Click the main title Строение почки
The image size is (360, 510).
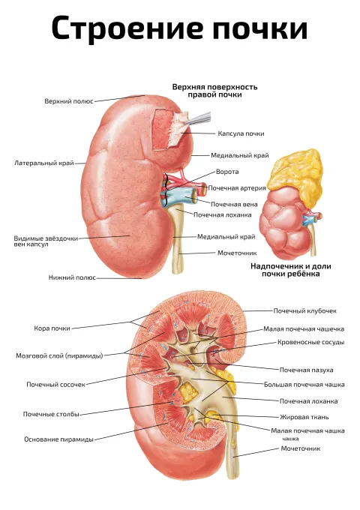179,28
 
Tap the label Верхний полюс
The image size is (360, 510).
69,101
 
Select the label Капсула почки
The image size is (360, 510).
241,133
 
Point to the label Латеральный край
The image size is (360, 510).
44,163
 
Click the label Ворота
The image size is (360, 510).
227,172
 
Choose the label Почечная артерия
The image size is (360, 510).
237,188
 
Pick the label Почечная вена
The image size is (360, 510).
234,204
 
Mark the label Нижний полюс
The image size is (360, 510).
72,277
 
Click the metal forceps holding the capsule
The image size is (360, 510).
198,118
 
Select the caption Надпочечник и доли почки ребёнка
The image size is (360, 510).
291,270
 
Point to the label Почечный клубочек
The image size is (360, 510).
304,310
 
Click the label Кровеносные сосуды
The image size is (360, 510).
311,342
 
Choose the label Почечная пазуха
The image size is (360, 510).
306,370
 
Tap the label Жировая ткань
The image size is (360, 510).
304,417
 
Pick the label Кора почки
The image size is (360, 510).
52,328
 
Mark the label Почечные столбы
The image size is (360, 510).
51,414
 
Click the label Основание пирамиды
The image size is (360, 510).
58,439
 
